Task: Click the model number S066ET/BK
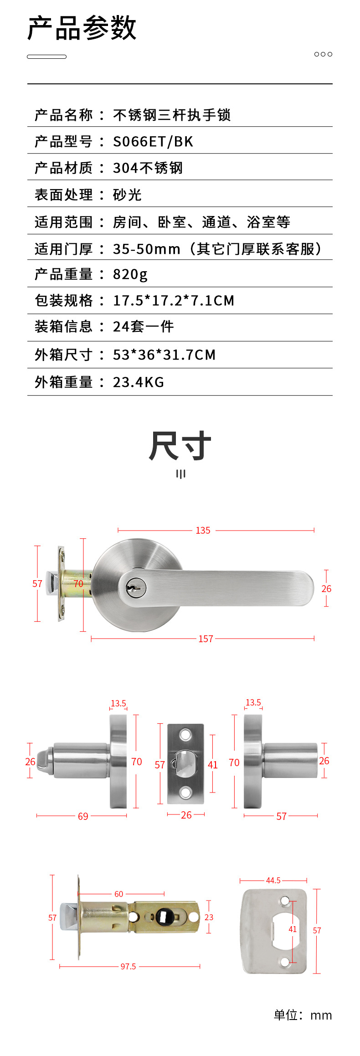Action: click(153, 141)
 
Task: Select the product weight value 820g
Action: click(130, 274)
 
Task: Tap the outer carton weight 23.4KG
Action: click(139, 382)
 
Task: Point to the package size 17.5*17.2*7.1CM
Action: click(174, 300)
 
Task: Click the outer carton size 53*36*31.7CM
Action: click(165, 355)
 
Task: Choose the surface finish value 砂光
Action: click(127, 195)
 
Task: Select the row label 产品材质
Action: click(63, 168)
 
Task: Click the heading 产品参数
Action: click(82, 28)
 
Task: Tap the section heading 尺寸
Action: click(180, 445)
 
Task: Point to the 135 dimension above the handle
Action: click(203, 530)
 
